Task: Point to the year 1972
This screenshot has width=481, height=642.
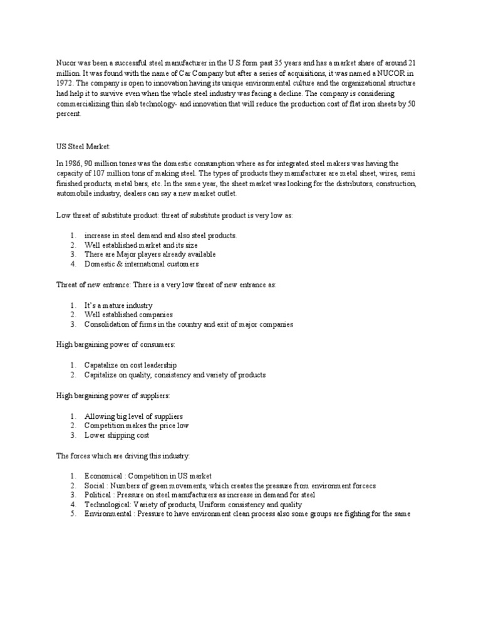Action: pyautogui.click(x=65, y=83)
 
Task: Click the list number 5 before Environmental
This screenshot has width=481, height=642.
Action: pyautogui.click(x=73, y=515)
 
